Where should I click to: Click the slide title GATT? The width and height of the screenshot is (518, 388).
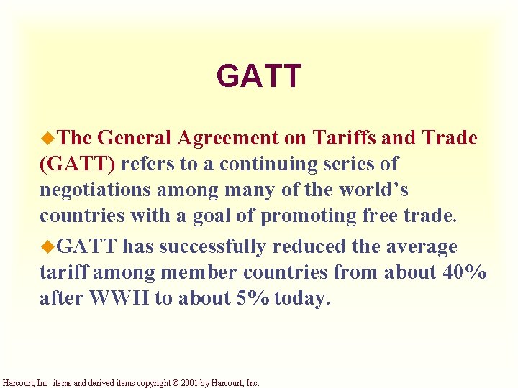258,75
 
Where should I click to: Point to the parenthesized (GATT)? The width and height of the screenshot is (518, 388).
77,164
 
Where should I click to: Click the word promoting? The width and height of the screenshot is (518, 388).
302,216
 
